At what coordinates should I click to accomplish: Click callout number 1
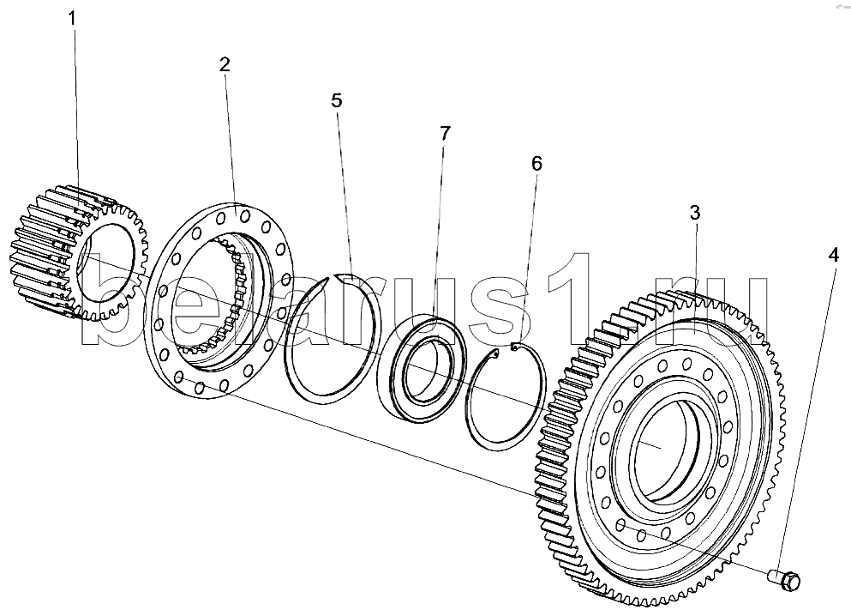coord(72,19)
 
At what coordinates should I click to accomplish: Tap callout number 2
coord(225,64)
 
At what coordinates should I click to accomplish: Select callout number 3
coord(695,213)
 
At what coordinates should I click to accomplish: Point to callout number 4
coord(834,255)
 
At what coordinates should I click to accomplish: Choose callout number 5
coord(337,100)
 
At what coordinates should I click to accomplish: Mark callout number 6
coord(536,163)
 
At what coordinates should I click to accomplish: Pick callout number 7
coord(445,133)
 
